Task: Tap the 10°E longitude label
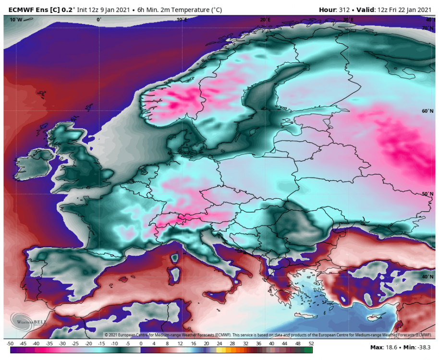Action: coord(182,20)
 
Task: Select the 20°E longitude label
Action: coord(265,20)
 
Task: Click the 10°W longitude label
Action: coord(16,20)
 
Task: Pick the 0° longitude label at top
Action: coord(99,20)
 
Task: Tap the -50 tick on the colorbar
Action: coord(10,344)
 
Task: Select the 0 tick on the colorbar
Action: coord(141,344)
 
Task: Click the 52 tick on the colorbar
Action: coord(311,344)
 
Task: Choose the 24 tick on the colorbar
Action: coord(219,344)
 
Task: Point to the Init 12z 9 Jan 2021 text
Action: coord(105,9)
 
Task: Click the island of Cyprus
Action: coord(374,318)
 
